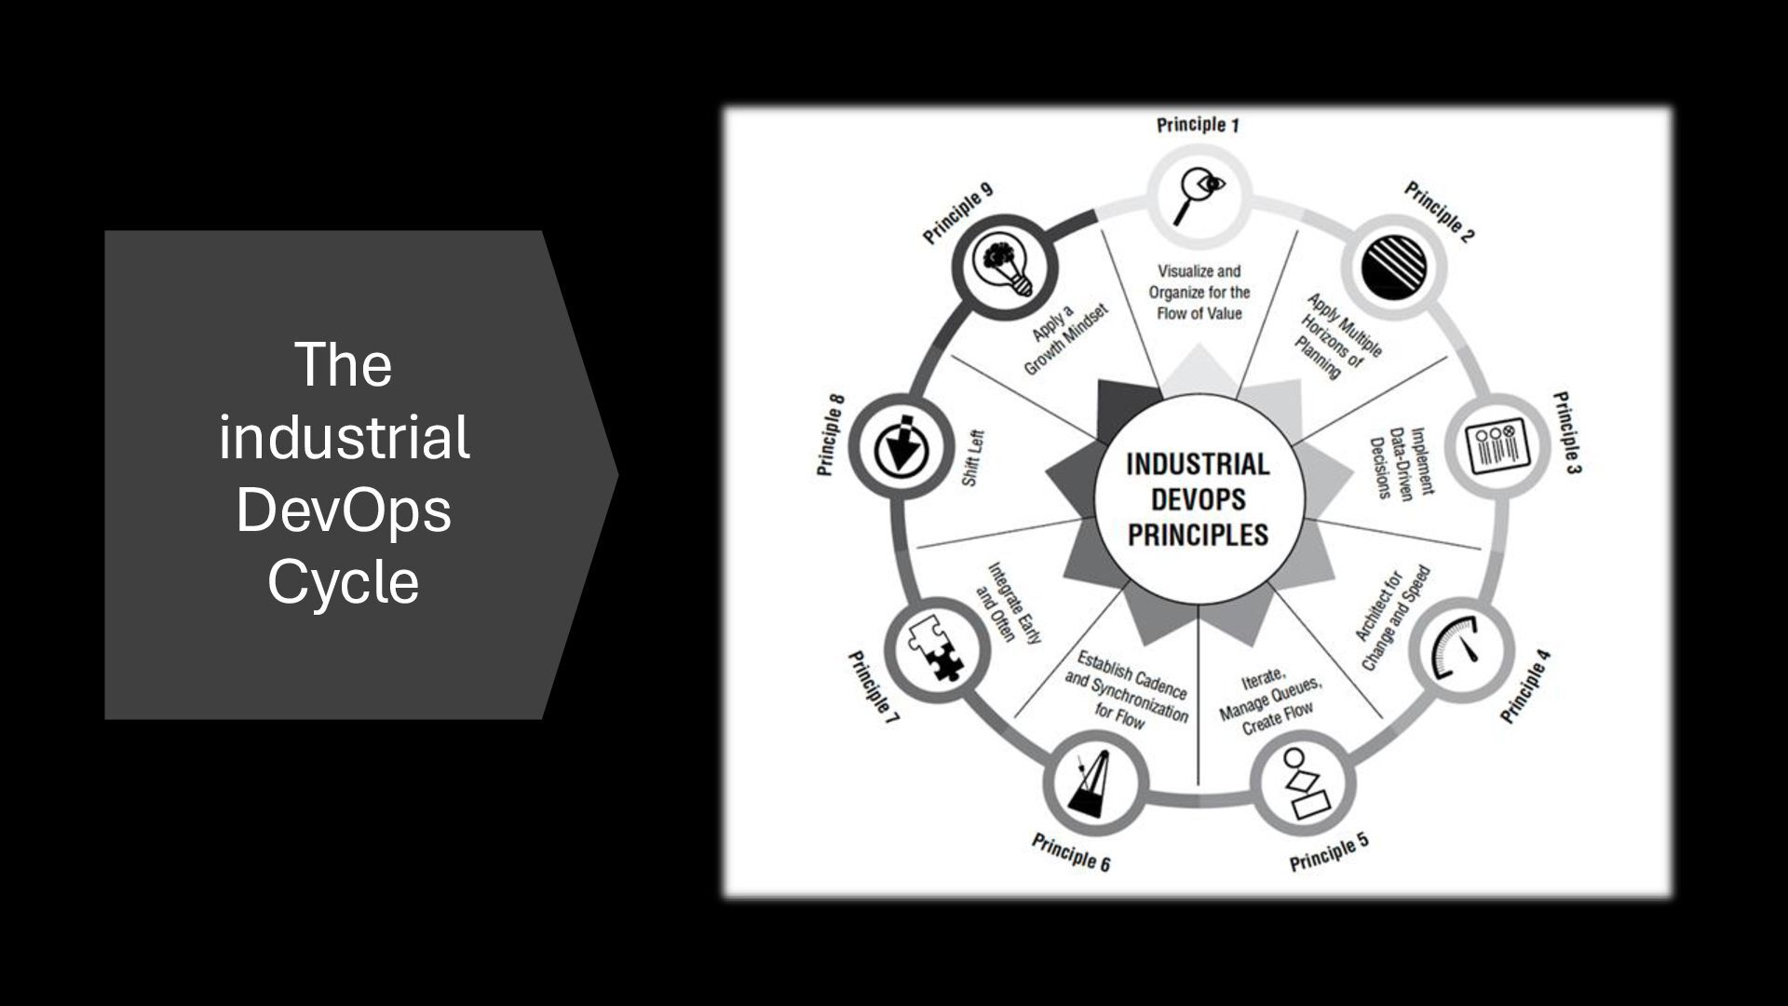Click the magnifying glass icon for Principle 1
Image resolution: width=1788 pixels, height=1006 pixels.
click(1198, 197)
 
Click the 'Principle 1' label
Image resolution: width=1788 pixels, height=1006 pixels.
click(1198, 125)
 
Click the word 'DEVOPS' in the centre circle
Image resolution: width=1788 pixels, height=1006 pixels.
click(1198, 499)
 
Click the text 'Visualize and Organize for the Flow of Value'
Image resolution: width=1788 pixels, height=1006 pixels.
click(1199, 292)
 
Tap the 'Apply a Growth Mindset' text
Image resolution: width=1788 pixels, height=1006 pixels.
click(1063, 340)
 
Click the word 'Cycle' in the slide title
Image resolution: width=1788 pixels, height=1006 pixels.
click(343, 582)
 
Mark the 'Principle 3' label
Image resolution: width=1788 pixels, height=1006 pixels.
click(1566, 432)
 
